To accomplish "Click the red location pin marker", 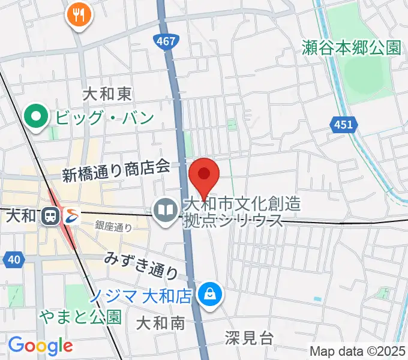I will pyautogui.click(x=204, y=176).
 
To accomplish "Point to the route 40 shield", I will pyautogui.click(x=14, y=259).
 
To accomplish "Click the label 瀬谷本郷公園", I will pyautogui.click(x=352, y=48).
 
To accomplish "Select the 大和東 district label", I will pyautogui.click(x=107, y=94).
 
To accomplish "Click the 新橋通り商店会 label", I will pyautogui.click(x=117, y=173).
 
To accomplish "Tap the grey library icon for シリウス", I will pyautogui.click(x=164, y=209).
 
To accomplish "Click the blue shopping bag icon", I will pyautogui.click(x=211, y=295).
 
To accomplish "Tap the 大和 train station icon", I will pyautogui.click(x=51, y=215).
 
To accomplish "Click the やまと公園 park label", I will pyautogui.click(x=81, y=316).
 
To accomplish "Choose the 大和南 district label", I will pyautogui.click(x=160, y=323).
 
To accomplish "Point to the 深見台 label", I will pyautogui.click(x=250, y=338).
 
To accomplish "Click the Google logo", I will pyautogui.click(x=40, y=346).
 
